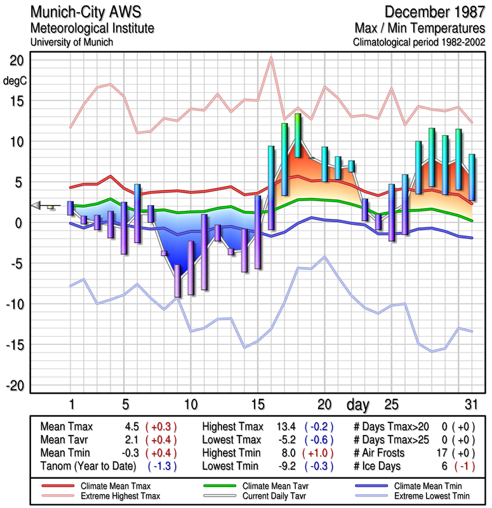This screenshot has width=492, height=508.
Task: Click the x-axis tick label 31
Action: (470, 404)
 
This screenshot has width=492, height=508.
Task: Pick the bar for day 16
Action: (271, 187)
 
